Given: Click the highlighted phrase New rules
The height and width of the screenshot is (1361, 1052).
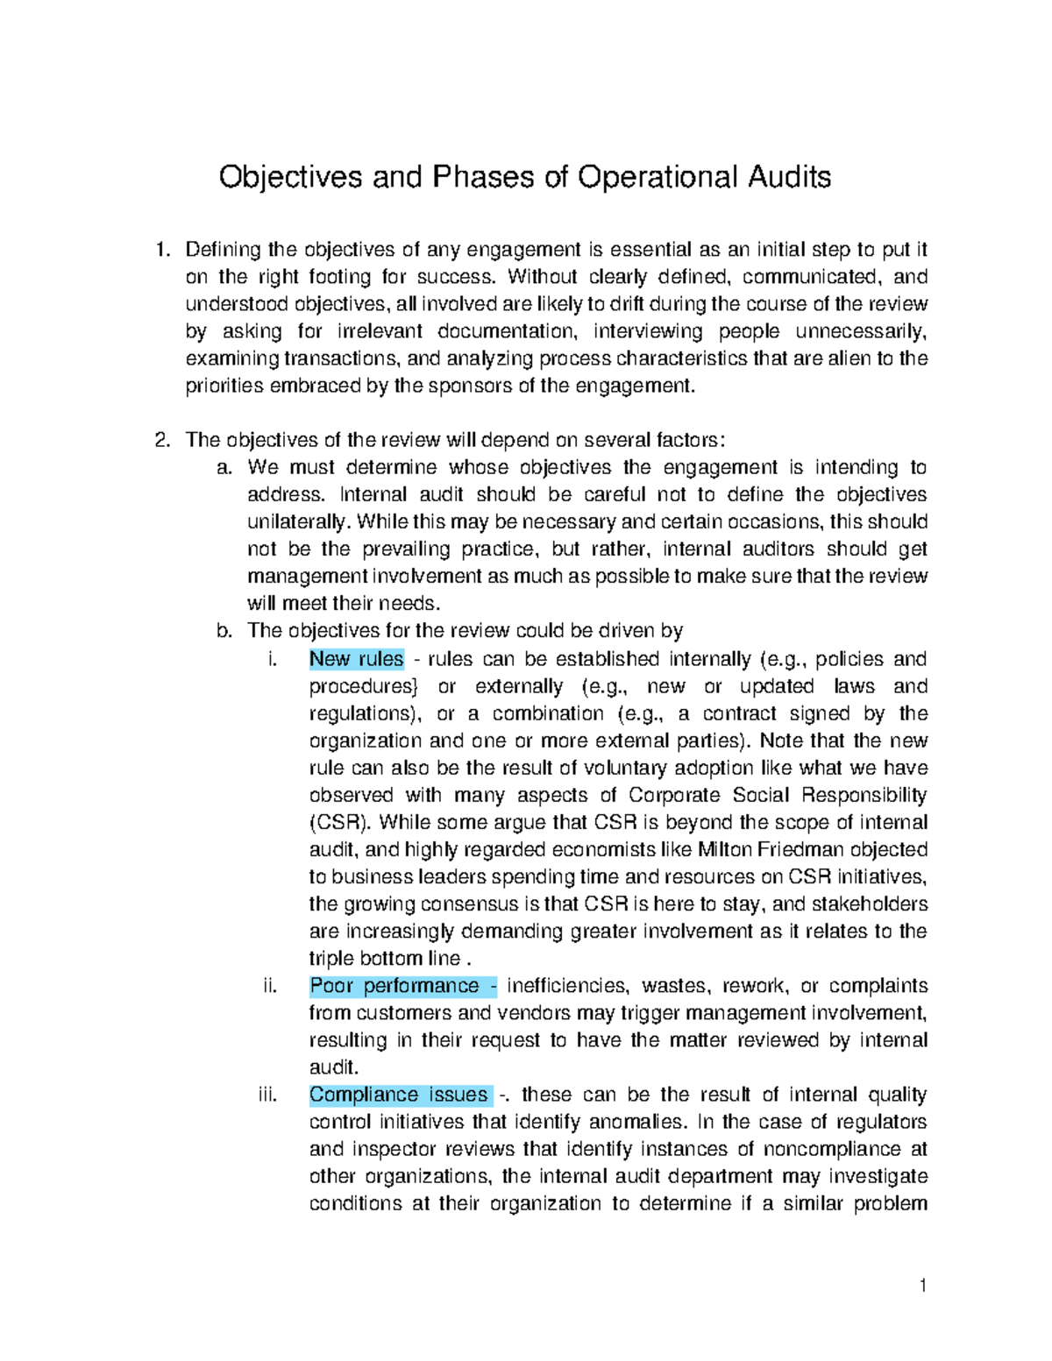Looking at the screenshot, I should pyautogui.click(x=356, y=659).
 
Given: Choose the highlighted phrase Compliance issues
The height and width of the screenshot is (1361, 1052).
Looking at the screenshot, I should pyautogui.click(x=399, y=1095).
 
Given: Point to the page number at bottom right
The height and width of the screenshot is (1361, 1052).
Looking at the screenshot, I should pyautogui.click(x=922, y=1286).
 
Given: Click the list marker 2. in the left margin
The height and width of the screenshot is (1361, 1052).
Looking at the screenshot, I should pyautogui.click(x=161, y=440).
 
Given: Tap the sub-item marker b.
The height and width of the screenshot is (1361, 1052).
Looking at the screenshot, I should pyautogui.click(x=224, y=630).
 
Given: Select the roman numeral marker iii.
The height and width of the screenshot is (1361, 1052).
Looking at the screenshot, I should pyautogui.click(x=267, y=1095).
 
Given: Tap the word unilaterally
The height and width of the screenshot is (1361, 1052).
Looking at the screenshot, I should pyautogui.click(x=297, y=521).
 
